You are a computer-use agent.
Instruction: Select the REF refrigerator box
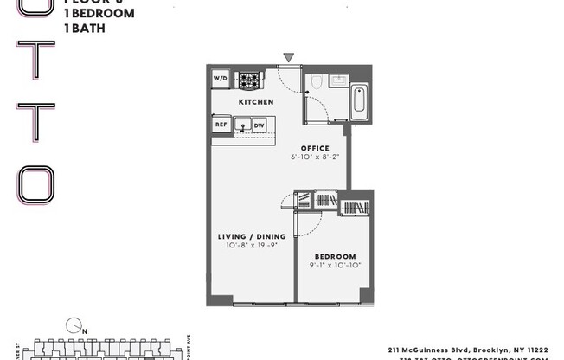point(220,125)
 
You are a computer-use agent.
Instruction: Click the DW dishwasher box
point(259,126)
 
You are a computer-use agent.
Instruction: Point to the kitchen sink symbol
point(242,126)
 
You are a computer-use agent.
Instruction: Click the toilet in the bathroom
point(317,83)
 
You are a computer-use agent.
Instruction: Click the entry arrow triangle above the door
point(288,58)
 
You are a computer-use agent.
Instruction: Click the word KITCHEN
point(256,102)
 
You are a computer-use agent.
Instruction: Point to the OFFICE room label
point(314,148)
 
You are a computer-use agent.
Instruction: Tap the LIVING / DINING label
point(251,236)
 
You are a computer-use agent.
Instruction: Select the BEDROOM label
point(335,257)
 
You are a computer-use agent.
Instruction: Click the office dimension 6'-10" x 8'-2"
point(315,157)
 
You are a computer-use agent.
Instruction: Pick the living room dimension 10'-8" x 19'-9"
point(251,246)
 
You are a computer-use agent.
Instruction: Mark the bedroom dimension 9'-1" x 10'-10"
point(335,267)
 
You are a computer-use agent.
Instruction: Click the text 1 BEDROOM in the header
point(99,14)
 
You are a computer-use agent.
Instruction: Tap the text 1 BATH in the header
point(85,29)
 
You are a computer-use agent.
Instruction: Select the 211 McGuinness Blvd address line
point(466,349)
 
